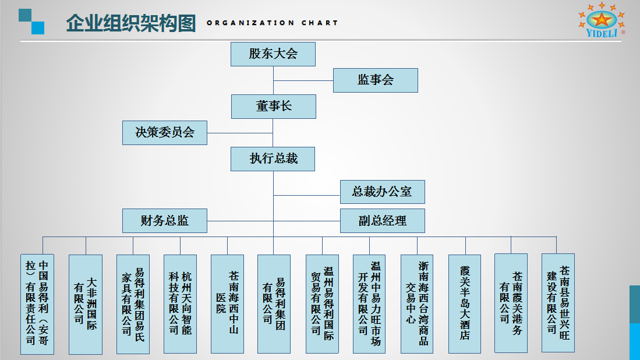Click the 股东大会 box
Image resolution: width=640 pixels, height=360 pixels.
coord(273,54)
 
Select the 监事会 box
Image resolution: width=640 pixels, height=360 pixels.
coord(376,80)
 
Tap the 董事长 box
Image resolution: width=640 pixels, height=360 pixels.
coord(274,107)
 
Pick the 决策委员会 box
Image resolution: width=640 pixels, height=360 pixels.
coord(164,133)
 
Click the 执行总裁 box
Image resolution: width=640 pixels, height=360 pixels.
coord(273,159)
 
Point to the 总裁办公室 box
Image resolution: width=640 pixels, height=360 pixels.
coord(383,192)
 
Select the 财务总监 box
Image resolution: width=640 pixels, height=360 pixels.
coord(164,221)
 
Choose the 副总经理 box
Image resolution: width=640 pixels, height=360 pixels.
coord(383,221)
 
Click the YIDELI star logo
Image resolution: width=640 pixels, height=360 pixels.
coord(602,20)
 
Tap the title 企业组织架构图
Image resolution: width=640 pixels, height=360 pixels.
coord(130,23)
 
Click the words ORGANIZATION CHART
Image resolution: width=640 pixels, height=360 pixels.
coord(272,23)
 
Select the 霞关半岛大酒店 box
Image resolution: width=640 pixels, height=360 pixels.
coord(465,303)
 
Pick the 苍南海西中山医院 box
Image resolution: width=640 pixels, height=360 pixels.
coord(227,303)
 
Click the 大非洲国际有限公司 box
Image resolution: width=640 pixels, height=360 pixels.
coord(85,304)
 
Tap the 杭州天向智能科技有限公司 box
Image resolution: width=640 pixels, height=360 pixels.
coord(180,303)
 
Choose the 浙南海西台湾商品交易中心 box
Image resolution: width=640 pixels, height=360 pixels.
coord(417,303)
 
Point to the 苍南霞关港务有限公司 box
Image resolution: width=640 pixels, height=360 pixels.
coord(511,303)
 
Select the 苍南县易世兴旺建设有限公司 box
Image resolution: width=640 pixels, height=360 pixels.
coord(558,302)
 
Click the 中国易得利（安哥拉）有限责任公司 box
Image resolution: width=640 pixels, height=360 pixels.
coord(37,304)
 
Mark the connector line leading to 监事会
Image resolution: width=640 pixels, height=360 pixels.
coord(303,81)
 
